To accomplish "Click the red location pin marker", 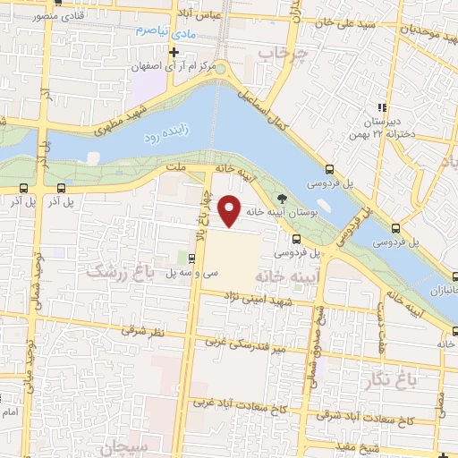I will coord(231,210).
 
